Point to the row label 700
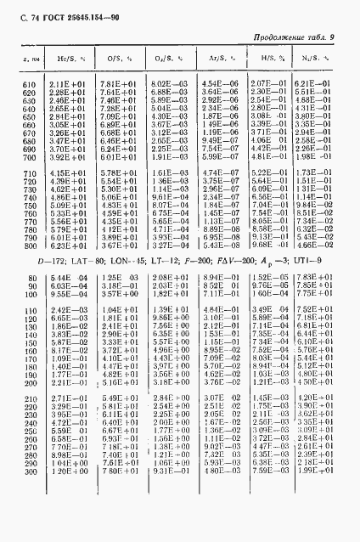click(28, 157)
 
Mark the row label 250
click(28, 430)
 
